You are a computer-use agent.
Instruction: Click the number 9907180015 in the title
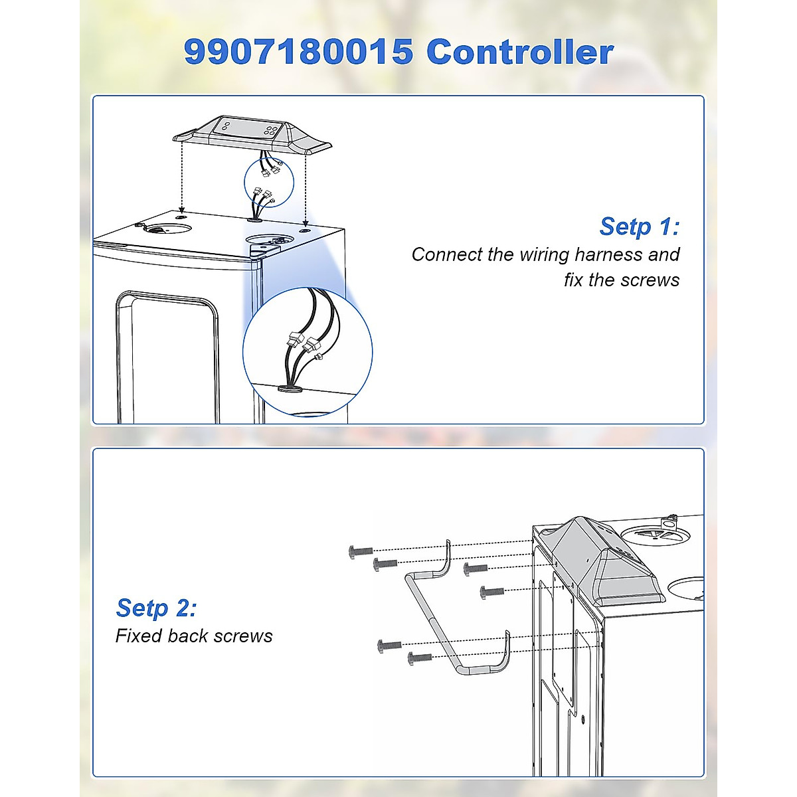(298, 52)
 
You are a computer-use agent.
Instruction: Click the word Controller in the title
(519, 52)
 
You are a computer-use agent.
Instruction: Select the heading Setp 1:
(639, 226)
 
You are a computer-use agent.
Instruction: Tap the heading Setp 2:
(156, 608)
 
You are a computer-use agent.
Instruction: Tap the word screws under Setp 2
(243, 636)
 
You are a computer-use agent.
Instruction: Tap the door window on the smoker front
(167, 359)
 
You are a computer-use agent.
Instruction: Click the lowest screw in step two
(420, 658)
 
